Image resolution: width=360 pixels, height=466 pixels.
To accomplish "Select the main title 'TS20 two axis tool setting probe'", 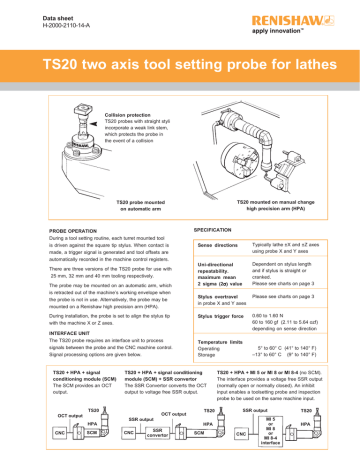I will pyautogui.click(x=180, y=63).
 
